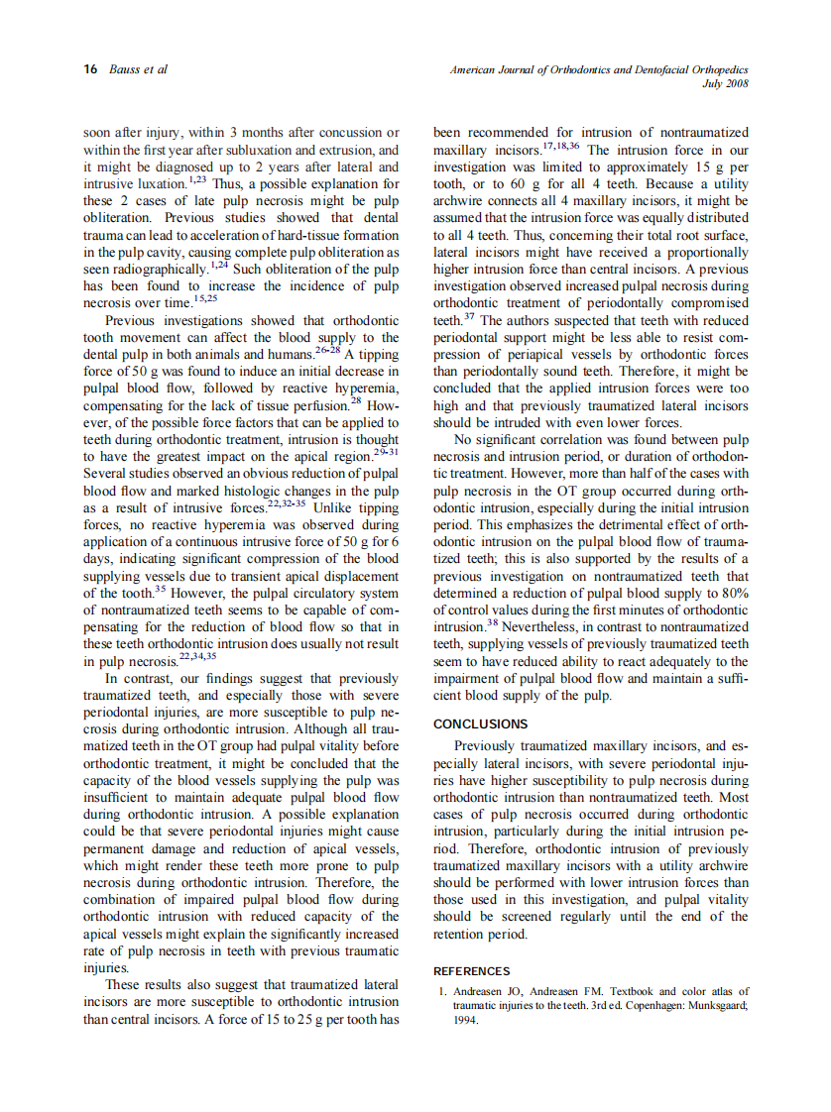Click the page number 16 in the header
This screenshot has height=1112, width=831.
coord(90,69)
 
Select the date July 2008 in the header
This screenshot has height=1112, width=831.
coord(725,84)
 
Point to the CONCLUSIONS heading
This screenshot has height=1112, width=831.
coord(481,724)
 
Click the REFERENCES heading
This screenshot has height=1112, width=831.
coord(472,971)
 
